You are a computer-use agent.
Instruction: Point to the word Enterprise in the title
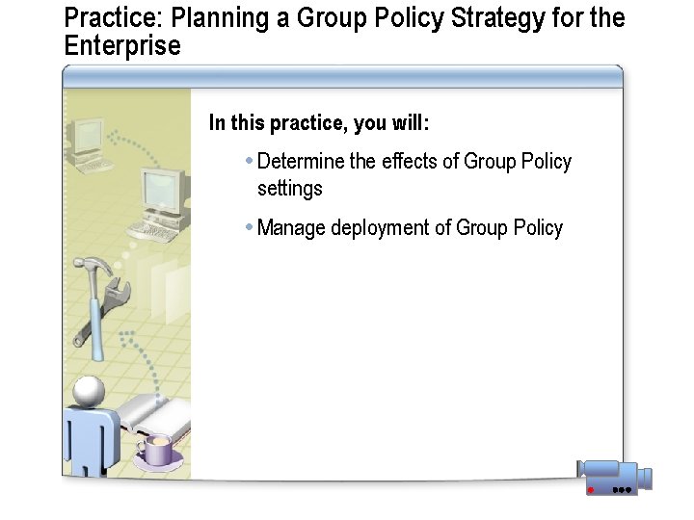(121, 45)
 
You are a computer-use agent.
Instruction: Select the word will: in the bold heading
(410, 123)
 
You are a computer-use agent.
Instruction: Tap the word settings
(289, 189)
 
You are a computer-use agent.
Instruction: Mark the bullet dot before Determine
(249, 161)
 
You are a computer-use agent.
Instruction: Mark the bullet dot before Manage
(249, 227)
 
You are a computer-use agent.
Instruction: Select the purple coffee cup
(156, 450)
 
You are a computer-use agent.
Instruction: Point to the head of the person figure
(88, 391)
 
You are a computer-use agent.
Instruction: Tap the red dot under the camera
(590, 490)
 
